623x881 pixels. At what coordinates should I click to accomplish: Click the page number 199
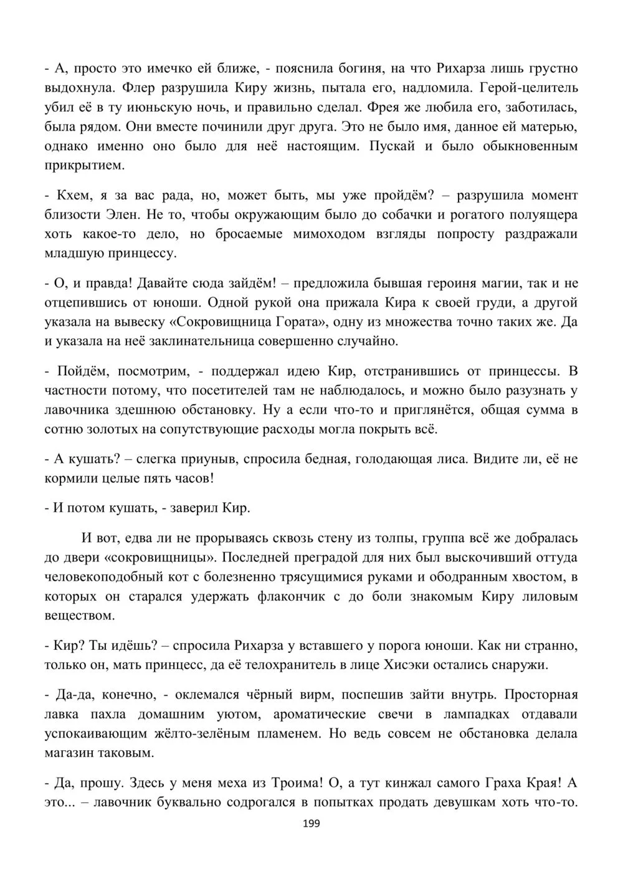click(311, 824)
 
